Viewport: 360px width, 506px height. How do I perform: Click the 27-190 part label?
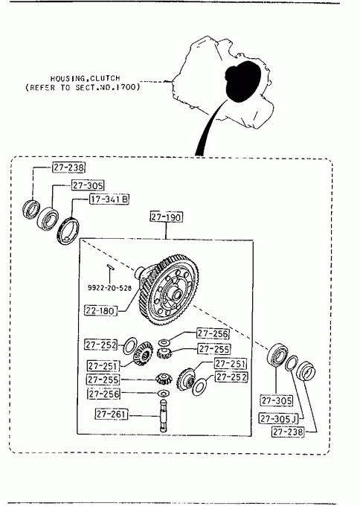click(x=166, y=217)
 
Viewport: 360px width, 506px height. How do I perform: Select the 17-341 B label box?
click(x=109, y=199)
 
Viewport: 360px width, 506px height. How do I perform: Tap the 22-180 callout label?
click(x=100, y=311)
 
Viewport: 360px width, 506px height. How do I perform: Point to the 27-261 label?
click(x=112, y=414)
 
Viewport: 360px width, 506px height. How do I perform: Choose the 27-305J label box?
click(x=279, y=418)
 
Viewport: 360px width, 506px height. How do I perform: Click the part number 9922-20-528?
click(x=109, y=287)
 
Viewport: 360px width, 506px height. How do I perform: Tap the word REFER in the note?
click(x=42, y=88)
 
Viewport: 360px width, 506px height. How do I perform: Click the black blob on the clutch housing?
click(x=243, y=81)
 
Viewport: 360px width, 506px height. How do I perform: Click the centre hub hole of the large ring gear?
click(x=177, y=295)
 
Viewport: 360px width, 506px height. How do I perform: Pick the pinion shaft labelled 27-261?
click(x=164, y=415)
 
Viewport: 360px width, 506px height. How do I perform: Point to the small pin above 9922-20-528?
click(x=109, y=266)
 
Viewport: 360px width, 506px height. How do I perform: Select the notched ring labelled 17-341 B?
click(x=68, y=231)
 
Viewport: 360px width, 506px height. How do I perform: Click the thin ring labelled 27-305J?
click(x=292, y=363)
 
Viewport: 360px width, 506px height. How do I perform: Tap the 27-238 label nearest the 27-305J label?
click(x=288, y=432)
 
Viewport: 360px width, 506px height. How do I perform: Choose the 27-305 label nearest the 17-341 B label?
click(x=88, y=185)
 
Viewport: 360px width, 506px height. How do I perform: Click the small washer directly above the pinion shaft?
click(x=164, y=394)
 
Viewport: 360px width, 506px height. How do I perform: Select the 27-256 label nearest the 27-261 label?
click(x=104, y=394)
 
